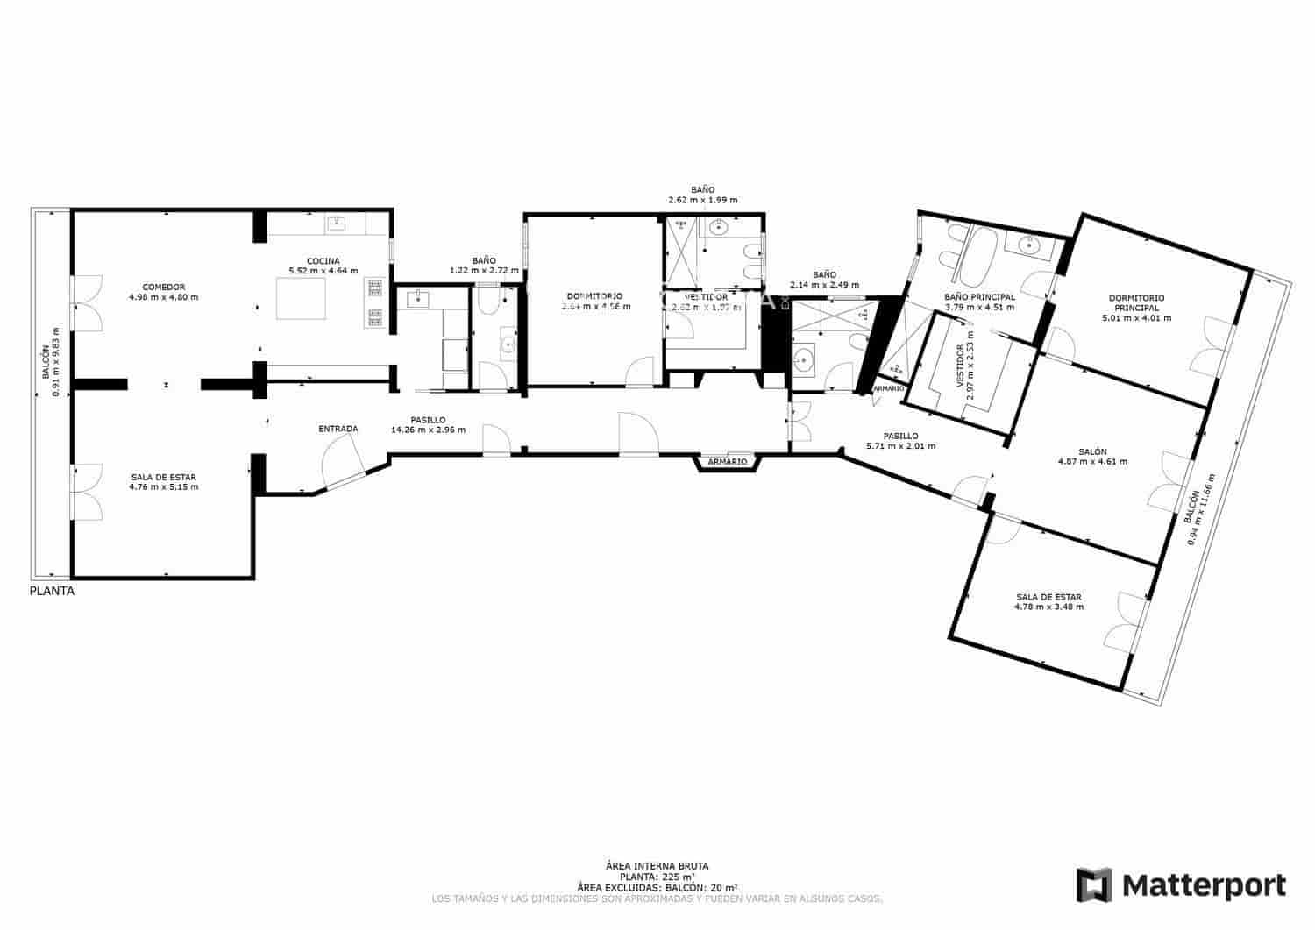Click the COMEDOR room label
click(163, 287)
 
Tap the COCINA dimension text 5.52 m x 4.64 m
click(323, 271)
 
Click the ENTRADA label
click(338, 429)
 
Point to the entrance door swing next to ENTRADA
click(344, 460)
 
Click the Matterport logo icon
click(1093, 884)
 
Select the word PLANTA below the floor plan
click(52, 591)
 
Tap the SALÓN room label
click(1092, 451)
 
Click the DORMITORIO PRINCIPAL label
click(1136, 302)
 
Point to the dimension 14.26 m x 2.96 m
click(428, 430)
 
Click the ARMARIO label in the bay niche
click(727, 461)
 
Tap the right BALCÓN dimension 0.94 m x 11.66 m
click(1199, 515)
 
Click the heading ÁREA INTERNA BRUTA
click(657, 866)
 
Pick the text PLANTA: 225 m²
click(657, 877)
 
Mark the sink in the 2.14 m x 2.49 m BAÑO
click(804, 358)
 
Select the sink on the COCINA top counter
click(337, 224)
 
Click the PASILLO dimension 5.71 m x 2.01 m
click(900, 445)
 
